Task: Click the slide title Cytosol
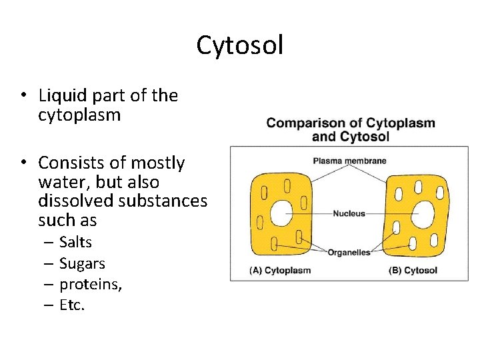click(x=240, y=45)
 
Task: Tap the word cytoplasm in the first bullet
click(x=79, y=115)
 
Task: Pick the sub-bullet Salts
click(x=75, y=242)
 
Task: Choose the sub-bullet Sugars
click(x=82, y=263)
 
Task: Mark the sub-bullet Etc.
click(x=72, y=306)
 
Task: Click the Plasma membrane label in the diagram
click(x=349, y=161)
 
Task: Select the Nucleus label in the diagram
click(x=349, y=214)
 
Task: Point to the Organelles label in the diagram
click(x=349, y=253)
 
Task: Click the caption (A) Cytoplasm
click(x=280, y=271)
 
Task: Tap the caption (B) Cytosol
click(x=413, y=271)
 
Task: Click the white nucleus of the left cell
click(x=281, y=214)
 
